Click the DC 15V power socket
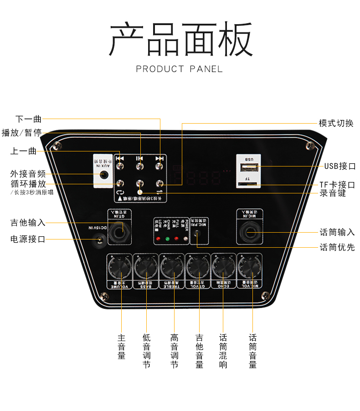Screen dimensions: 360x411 click(98, 238)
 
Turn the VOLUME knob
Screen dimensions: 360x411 click(119, 268)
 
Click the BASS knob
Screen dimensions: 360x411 click(145, 268)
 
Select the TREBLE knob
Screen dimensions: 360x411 click(172, 268)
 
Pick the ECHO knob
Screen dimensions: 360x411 click(224, 268)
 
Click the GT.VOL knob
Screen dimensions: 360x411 click(198, 268)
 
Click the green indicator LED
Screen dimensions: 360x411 click(167, 239)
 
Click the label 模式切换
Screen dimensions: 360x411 click(336, 123)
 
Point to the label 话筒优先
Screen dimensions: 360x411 click(337, 247)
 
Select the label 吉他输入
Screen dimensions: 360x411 click(28, 223)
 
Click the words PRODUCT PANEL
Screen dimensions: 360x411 click(180, 69)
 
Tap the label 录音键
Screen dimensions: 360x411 click(333, 193)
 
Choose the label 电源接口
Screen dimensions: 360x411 click(28, 239)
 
